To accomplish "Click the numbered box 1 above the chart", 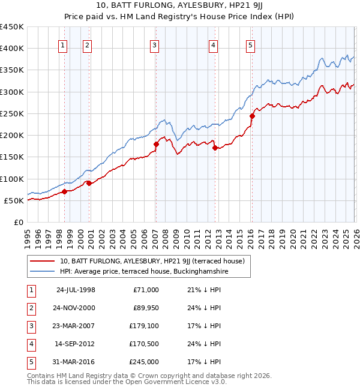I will tap(64, 44).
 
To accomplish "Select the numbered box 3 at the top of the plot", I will tap(155, 44).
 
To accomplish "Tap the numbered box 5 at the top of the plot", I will tap(250, 44).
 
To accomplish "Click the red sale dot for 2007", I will tap(156, 144).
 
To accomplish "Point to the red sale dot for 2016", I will tap(252, 116).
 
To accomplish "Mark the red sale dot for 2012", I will tap(214, 148).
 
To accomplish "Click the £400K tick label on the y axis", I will tap(12, 49).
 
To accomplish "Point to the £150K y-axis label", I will tap(12, 157).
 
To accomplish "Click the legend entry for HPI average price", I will tap(144, 272).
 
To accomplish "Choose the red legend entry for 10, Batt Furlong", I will tap(152, 261).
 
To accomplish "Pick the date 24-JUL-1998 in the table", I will tap(76, 290).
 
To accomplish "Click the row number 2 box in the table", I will tap(31, 308).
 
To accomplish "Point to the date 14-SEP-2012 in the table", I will tap(75, 344).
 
